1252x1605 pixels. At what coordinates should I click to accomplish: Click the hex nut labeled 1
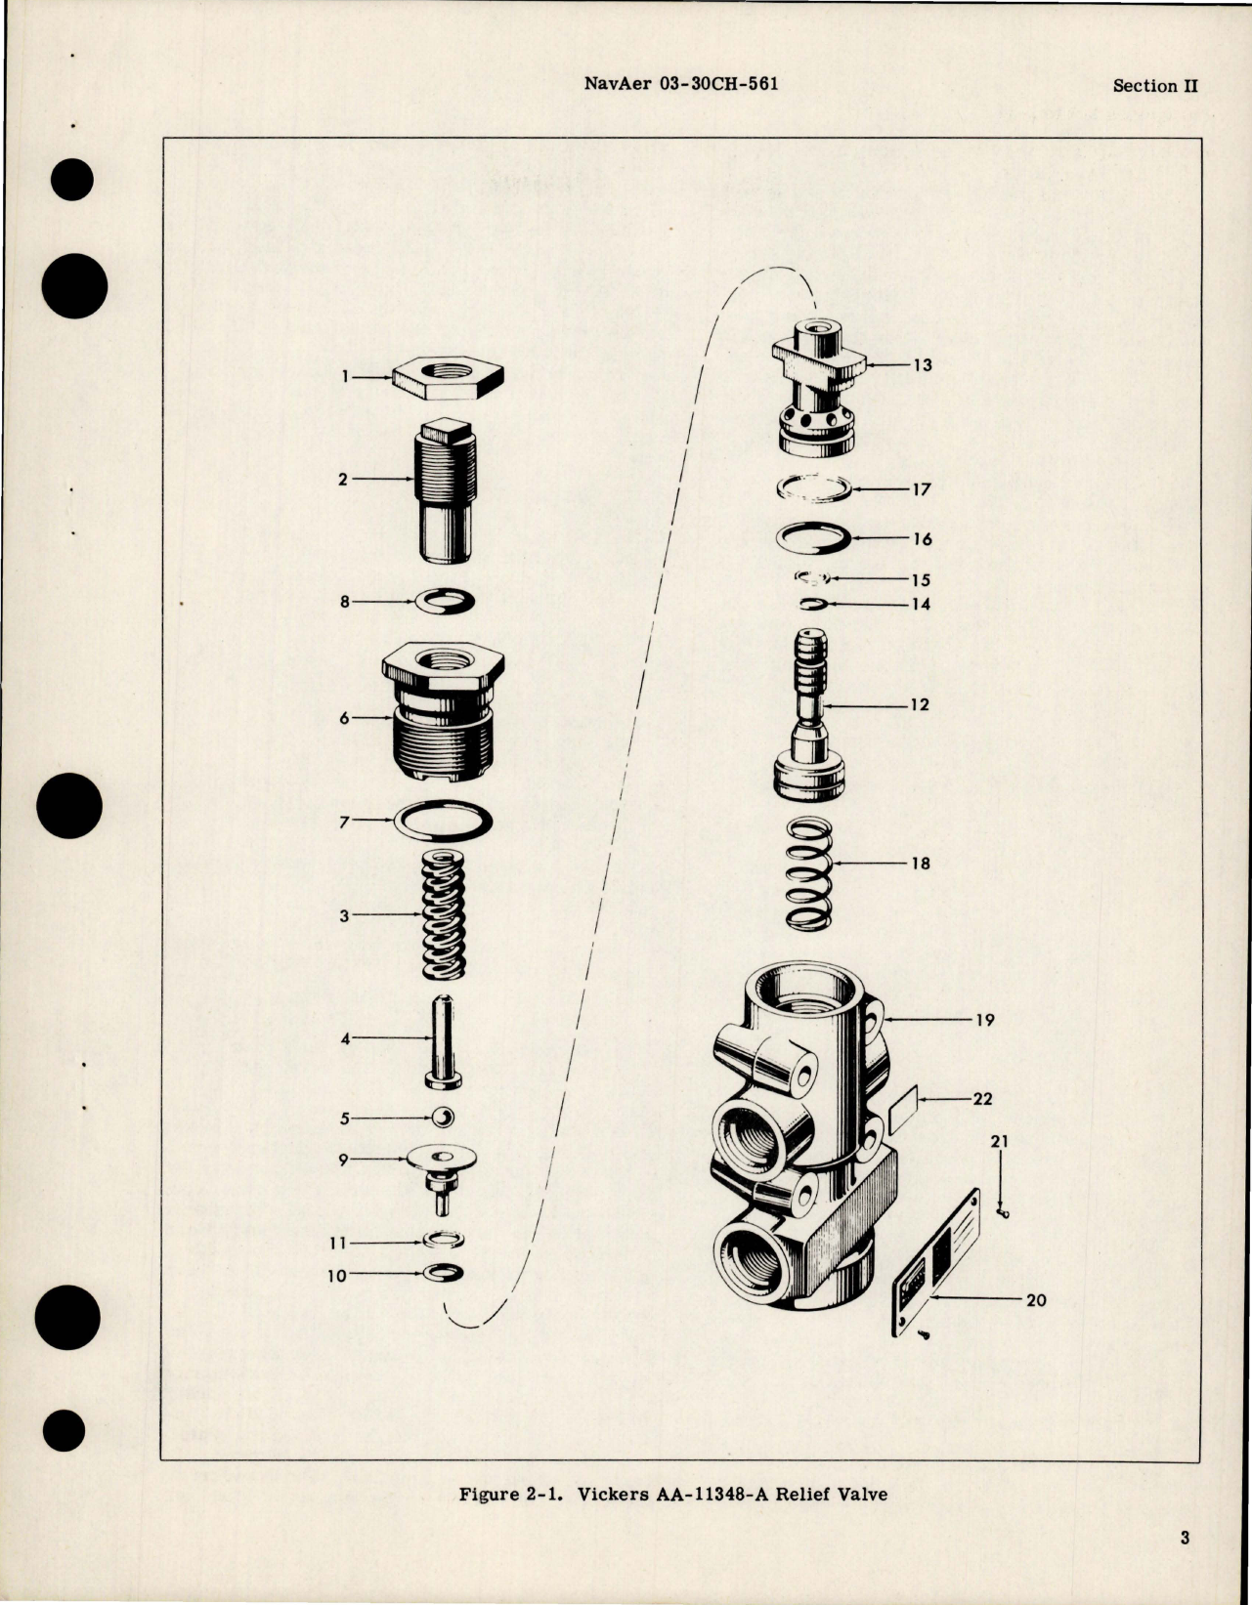coord(449,376)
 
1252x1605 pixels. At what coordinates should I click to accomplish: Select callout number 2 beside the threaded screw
coord(342,480)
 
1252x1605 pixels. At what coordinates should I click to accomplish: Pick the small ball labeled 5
coord(444,1118)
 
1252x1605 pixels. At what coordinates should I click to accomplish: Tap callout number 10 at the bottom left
coord(336,1276)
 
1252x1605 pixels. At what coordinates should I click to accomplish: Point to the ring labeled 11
coord(445,1241)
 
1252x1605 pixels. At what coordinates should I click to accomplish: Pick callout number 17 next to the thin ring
coord(922,489)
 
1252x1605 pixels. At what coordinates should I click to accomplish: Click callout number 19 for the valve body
coord(984,1020)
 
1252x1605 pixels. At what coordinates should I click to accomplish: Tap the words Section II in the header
coord(1155,86)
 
